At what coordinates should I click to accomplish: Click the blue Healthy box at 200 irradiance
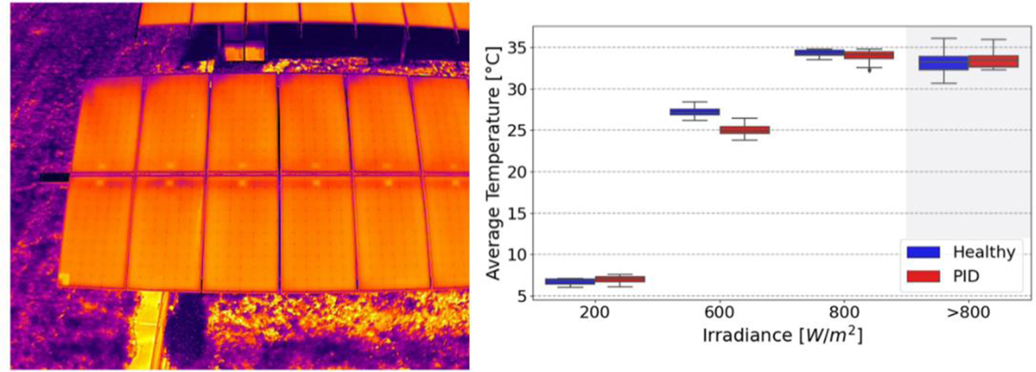[x=570, y=281]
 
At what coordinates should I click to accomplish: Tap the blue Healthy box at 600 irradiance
[x=694, y=111]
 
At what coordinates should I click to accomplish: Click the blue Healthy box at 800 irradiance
[x=819, y=53]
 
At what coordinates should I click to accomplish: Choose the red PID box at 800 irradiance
[x=869, y=55]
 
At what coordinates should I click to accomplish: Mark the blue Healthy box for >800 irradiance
[x=944, y=63]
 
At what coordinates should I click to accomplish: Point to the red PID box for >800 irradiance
[x=994, y=61]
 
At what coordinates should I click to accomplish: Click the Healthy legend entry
[x=961, y=251]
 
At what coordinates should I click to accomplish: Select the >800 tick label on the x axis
[x=969, y=315]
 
